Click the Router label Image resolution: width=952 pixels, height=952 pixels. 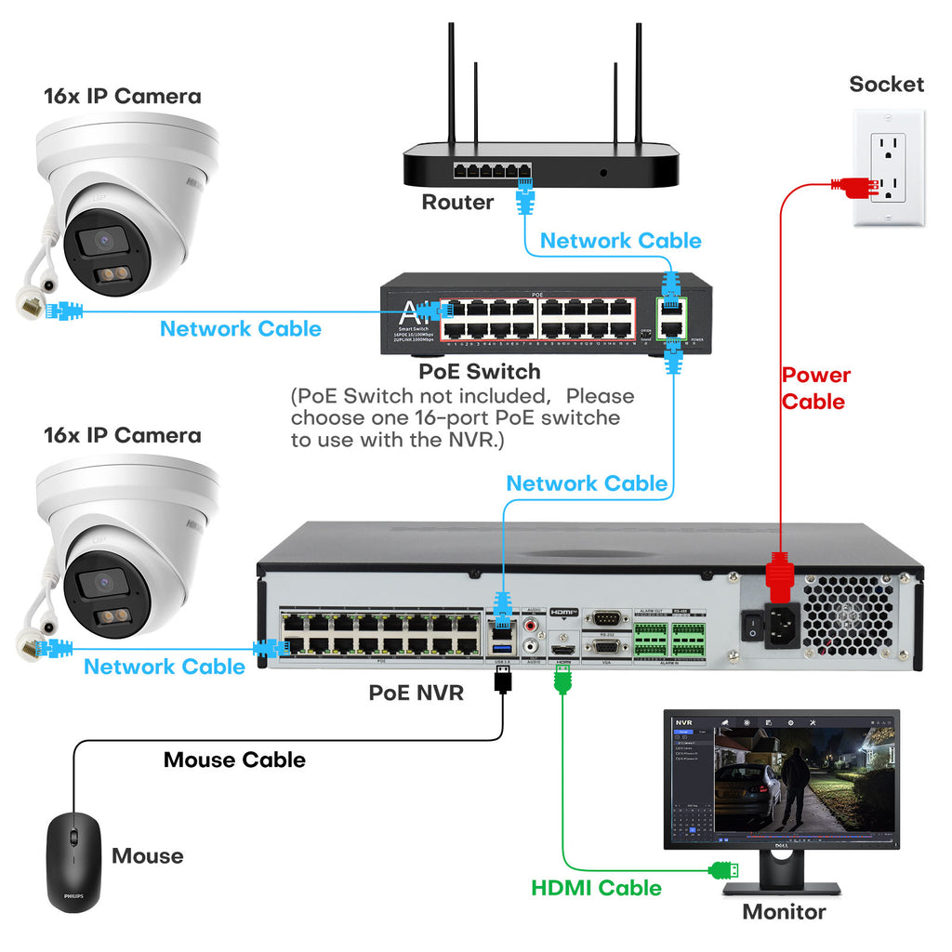[x=457, y=202]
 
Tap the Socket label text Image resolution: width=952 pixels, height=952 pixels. [x=886, y=85]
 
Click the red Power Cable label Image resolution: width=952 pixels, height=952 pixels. [x=815, y=389]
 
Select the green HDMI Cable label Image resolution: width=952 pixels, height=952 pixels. [x=596, y=888]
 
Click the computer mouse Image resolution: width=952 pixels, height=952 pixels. [x=73, y=860]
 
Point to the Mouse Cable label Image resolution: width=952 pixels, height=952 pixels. [x=234, y=760]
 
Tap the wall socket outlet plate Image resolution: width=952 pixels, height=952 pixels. [x=889, y=167]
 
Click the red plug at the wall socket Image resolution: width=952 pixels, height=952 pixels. [x=853, y=186]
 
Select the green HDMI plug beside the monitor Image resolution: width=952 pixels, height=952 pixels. [x=724, y=871]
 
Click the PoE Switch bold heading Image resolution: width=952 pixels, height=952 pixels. [x=479, y=372]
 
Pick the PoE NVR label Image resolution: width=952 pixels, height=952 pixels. [x=416, y=693]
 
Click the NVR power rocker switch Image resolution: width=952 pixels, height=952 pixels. [x=749, y=629]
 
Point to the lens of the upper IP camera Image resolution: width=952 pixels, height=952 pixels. [x=100, y=242]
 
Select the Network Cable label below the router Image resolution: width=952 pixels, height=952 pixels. [x=620, y=241]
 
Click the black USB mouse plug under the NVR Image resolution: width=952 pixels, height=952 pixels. [x=503, y=679]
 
